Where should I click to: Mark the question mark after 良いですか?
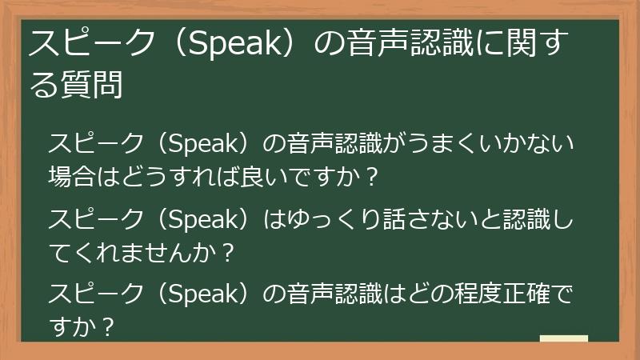click(x=370, y=174)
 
